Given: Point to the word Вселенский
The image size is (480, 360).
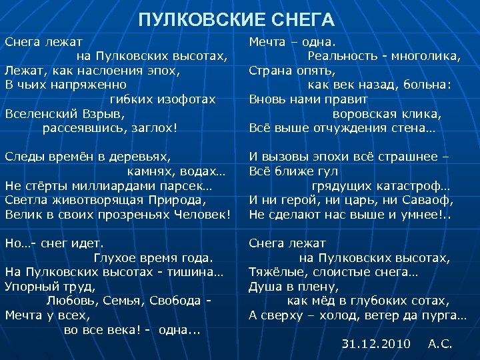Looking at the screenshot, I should (40, 113).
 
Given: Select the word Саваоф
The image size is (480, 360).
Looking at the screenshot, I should (431, 200).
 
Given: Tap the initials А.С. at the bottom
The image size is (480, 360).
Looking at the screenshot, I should (440, 345).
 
